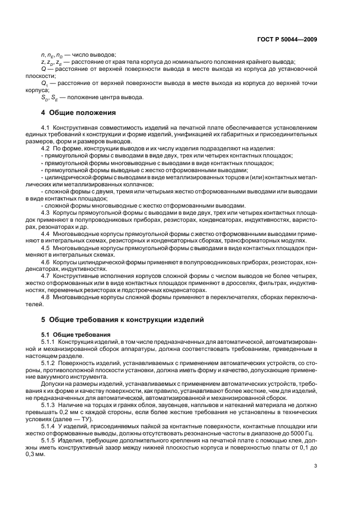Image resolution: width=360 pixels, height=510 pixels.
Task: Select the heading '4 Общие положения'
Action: click(x=78, y=113)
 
